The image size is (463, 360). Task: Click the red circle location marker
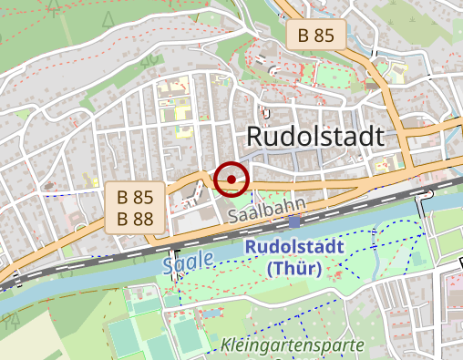pyautogui.click(x=232, y=180)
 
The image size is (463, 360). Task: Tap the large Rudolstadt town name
pyautogui.click(x=315, y=137)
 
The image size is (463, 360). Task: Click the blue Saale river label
pyautogui.click(x=189, y=261)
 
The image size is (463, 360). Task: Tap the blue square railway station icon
pyautogui.click(x=294, y=221)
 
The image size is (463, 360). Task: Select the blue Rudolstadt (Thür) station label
pyautogui.click(x=294, y=257)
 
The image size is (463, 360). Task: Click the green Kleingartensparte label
pyautogui.click(x=292, y=345)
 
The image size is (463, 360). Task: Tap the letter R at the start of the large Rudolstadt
pyautogui.click(x=256, y=137)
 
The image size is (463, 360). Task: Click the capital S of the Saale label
pyautogui.click(x=170, y=265)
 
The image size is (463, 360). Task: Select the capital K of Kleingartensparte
pyautogui.click(x=225, y=345)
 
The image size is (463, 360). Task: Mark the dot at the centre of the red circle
pyautogui.click(x=232, y=180)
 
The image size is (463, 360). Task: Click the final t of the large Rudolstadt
pyautogui.click(x=378, y=137)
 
